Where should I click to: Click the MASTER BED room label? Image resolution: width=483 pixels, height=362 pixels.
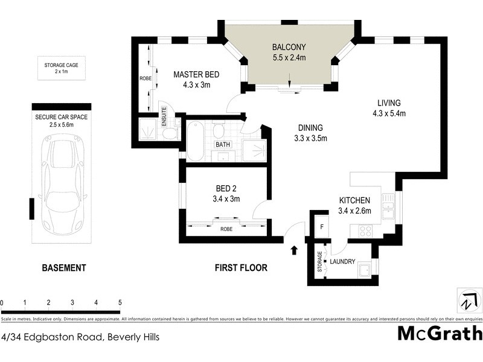click(x=196, y=80)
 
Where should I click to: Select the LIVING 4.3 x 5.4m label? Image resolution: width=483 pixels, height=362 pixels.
click(x=389, y=107)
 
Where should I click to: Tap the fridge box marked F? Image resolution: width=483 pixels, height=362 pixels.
click(x=321, y=227)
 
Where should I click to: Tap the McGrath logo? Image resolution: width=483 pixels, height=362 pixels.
click(x=440, y=333)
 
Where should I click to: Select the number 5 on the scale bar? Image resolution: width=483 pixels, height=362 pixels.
click(x=120, y=302)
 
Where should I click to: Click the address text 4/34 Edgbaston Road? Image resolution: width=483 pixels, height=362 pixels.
click(x=80, y=337)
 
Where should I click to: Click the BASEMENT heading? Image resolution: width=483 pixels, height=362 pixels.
click(x=63, y=267)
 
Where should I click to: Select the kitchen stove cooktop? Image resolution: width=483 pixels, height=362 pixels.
click(x=365, y=230)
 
